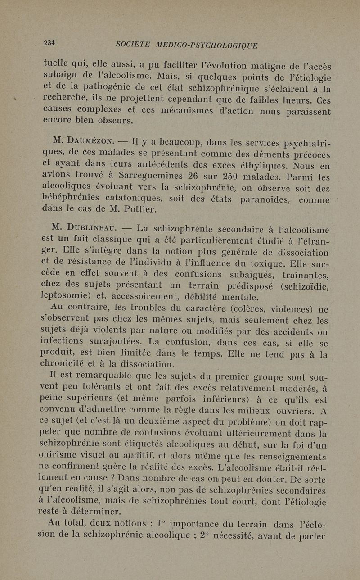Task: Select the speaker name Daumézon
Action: (x=83, y=143)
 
